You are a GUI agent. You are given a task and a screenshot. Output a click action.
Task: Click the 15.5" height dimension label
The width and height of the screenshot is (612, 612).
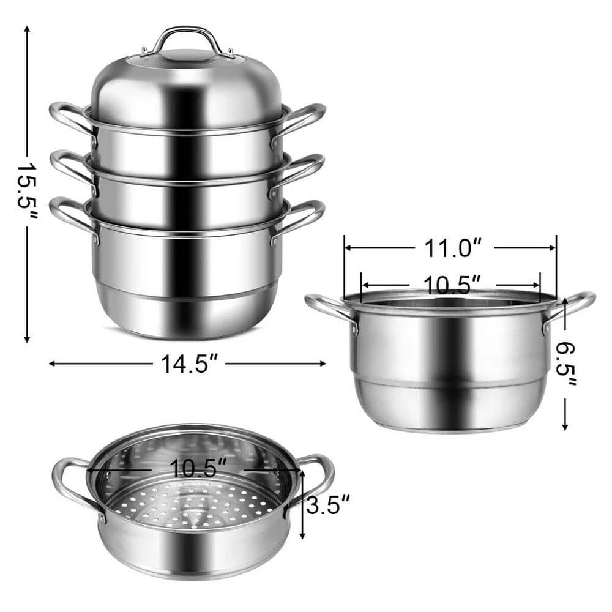tap(28, 184)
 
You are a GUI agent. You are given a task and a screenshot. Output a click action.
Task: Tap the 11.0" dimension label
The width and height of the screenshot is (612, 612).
tap(450, 248)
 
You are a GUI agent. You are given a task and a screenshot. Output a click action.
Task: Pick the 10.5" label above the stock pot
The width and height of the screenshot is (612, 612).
tap(451, 284)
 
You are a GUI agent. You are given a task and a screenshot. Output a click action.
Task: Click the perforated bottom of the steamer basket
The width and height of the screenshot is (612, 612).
tap(190, 505)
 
